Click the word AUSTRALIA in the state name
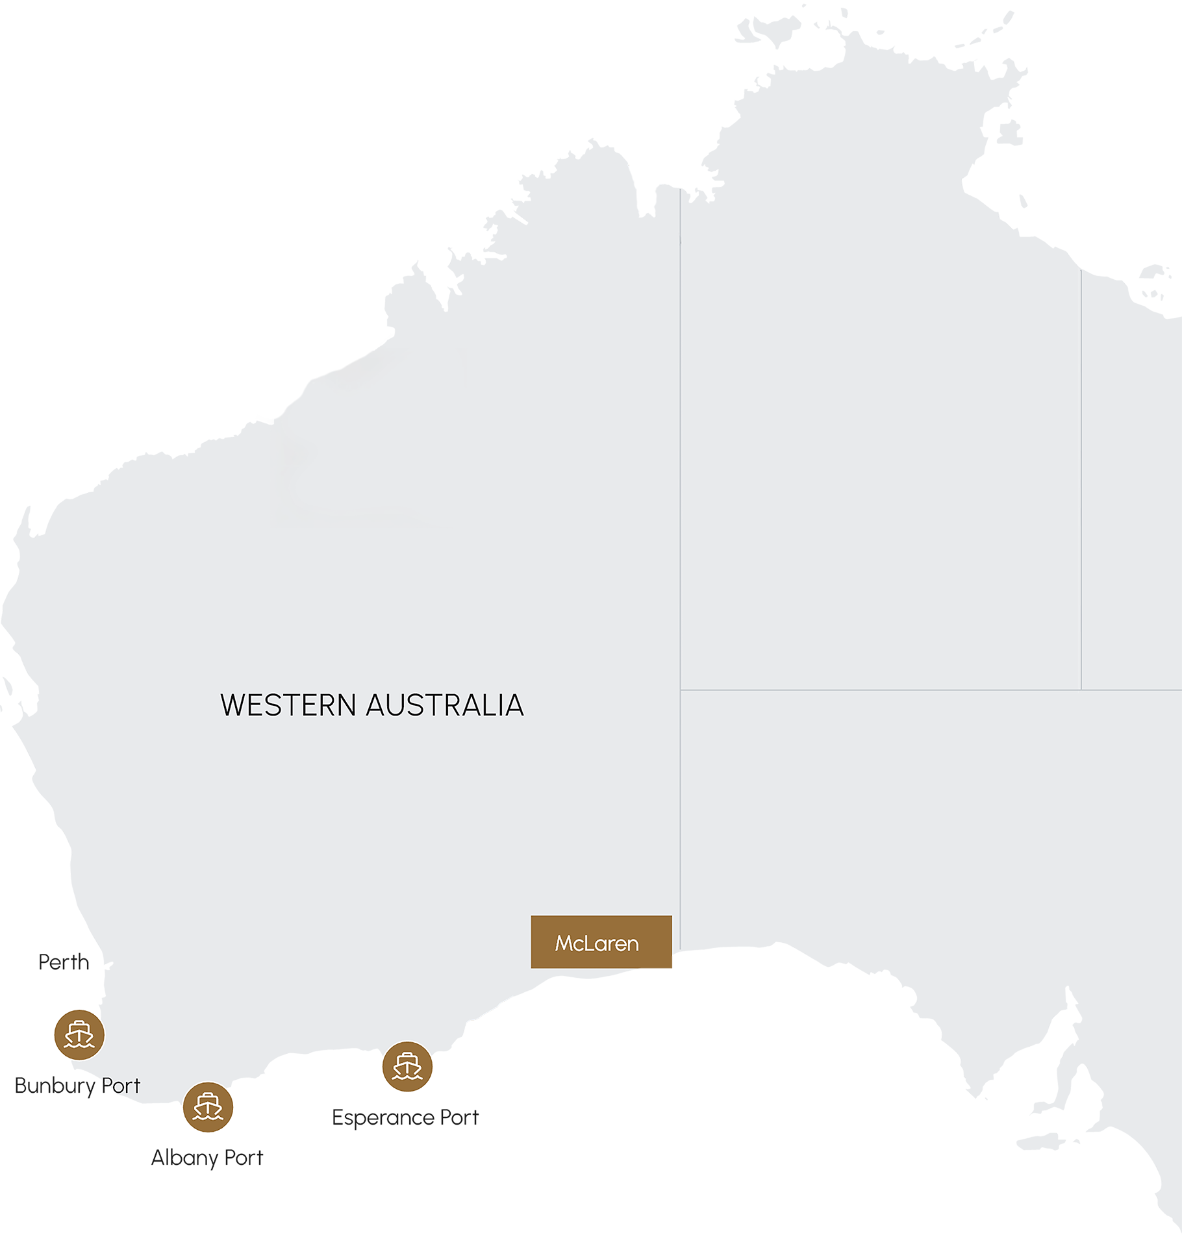click(x=445, y=706)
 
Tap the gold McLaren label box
click(x=601, y=942)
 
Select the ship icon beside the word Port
click(x=79, y=1035)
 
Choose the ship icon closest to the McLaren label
click(x=407, y=1067)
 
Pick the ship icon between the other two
click(x=208, y=1106)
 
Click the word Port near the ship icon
click(x=121, y=1086)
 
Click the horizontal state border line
click(x=909, y=690)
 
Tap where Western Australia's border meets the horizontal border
click(x=681, y=690)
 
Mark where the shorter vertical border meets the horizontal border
click(x=1081, y=690)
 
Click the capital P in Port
click(x=107, y=1086)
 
